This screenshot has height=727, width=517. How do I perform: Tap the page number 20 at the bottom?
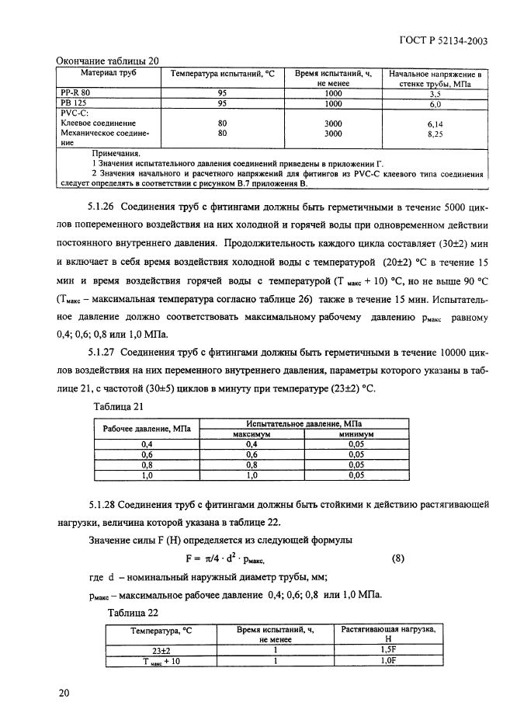64,692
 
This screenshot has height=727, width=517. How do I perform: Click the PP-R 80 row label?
76,92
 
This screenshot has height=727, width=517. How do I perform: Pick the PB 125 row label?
75,103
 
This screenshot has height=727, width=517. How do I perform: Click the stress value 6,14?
435,123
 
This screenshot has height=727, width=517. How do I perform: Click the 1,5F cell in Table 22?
389,649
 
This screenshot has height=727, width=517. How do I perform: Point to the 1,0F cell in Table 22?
389,660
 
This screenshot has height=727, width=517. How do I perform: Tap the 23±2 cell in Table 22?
161,649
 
